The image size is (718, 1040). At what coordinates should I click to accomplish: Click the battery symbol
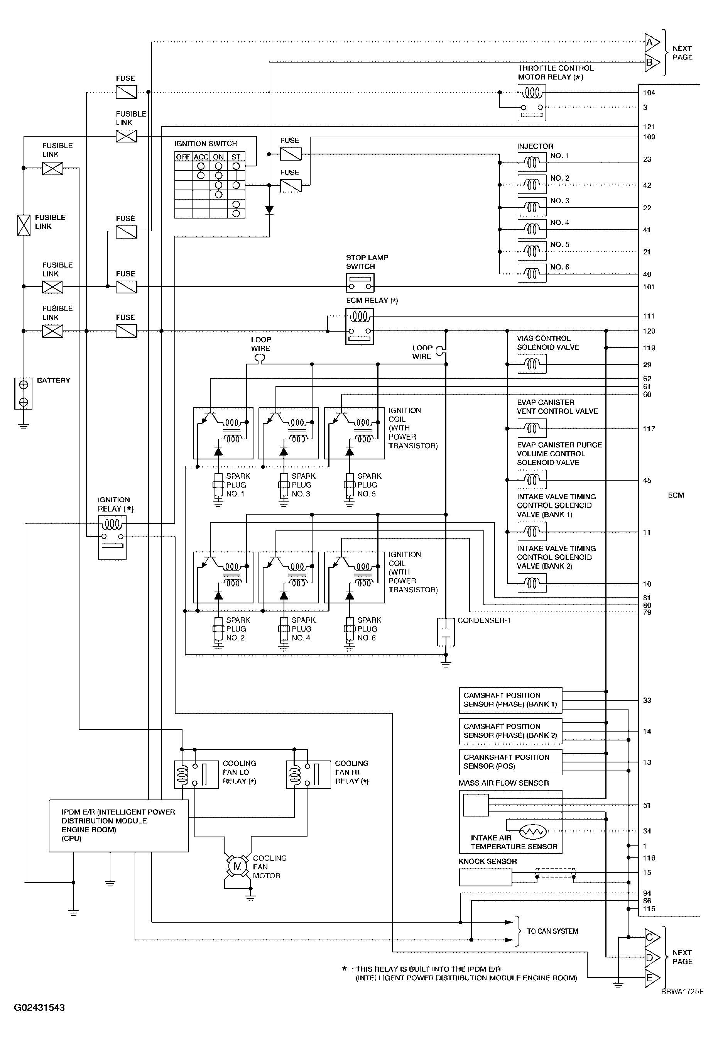[24, 393]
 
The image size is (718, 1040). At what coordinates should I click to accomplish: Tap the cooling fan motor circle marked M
[238, 866]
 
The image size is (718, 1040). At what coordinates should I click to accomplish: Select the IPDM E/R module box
[119, 825]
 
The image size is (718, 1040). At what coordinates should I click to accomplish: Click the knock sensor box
[485, 877]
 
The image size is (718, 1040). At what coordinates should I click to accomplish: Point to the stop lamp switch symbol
[360, 283]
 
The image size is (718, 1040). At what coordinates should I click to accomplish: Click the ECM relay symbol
[360, 326]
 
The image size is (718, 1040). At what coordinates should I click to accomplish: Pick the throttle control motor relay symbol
[532, 103]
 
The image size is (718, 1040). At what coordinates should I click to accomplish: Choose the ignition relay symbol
[112, 537]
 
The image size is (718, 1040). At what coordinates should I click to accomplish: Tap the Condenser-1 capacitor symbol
[445, 632]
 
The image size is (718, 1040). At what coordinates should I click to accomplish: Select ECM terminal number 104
[649, 93]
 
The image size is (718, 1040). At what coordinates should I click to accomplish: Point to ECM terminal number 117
[649, 429]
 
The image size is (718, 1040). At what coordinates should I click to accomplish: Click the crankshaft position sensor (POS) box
[510, 762]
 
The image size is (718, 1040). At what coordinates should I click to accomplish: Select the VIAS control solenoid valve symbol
[532, 364]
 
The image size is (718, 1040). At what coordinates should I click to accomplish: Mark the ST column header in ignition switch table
[236, 157]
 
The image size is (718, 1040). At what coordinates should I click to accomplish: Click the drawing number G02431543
[40, 1007]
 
